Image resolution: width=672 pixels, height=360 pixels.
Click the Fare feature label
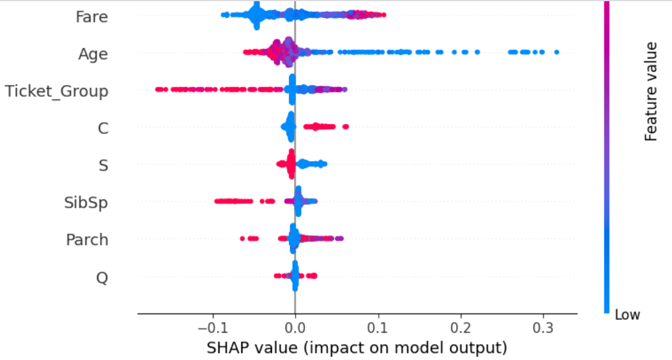point(91,17)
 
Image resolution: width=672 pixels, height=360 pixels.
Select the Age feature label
point(93,54)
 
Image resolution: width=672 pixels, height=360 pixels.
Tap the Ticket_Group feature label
point(57,91)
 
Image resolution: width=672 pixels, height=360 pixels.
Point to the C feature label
point(103,128)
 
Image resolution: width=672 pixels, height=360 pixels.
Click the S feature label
point(103,165)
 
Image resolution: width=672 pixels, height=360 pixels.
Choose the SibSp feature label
point(86,202)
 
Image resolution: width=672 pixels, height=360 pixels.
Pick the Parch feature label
point(87,240)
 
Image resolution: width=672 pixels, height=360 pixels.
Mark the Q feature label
point(102,277)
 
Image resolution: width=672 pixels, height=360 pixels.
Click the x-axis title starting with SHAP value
point(357,348)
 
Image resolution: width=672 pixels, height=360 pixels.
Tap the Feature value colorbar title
point(651,91)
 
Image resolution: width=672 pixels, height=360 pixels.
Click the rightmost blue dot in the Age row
point(556,53)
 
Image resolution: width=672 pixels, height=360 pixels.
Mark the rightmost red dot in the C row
point(346,126)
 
